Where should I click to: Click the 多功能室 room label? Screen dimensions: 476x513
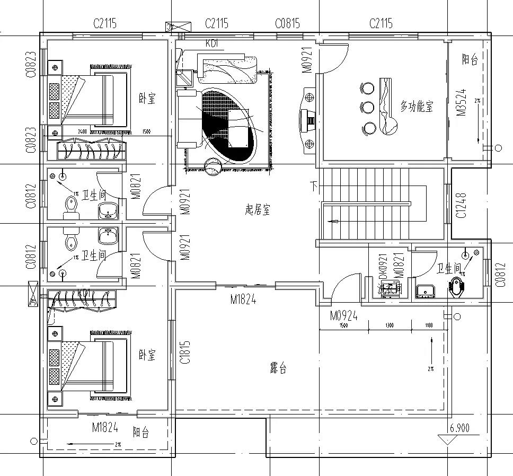(417, 106)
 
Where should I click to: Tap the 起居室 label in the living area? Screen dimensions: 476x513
(258, 210)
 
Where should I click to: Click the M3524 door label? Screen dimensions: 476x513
(461, 103)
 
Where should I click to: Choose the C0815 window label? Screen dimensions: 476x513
(287, 23)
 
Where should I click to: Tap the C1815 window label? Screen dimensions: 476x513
(185, 352)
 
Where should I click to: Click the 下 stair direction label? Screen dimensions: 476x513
(314, 186)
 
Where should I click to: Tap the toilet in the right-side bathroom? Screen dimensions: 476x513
(457, 287)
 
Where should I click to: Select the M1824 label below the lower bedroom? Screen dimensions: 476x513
(104, 427)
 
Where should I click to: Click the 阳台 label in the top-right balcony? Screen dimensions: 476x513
(470, 59)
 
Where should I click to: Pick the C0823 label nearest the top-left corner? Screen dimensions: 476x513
(31, 64)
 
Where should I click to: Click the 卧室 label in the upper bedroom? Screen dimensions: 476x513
(147, 99)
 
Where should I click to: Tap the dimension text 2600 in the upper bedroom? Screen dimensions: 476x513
(82, 131)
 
